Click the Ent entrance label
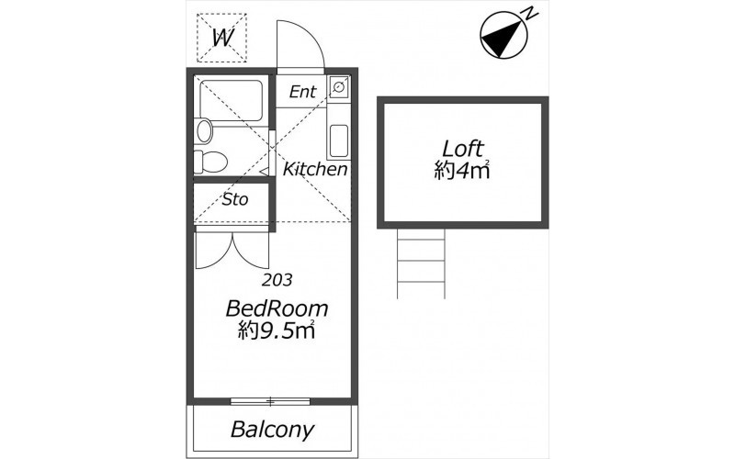pos(303,91)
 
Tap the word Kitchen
pos(315,169)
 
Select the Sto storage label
pos(235,200)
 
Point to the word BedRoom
pos(277,308)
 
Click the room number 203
pos(277,280)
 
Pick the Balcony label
pos(272,429)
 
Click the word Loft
pos(463,149)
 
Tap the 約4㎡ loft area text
pos(462,171)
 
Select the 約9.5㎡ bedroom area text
pos(277,330)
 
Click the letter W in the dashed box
pos(222,38)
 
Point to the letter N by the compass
pos(530,14)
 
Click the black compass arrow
pos(500,39)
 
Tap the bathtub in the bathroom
pos(232,101)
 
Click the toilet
pos(210,162)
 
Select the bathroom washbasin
pos(205,130)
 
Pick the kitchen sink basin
pos(338,140)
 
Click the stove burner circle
pos(338,86)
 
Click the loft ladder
pos(421,263)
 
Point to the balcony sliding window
pos(270,401)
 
